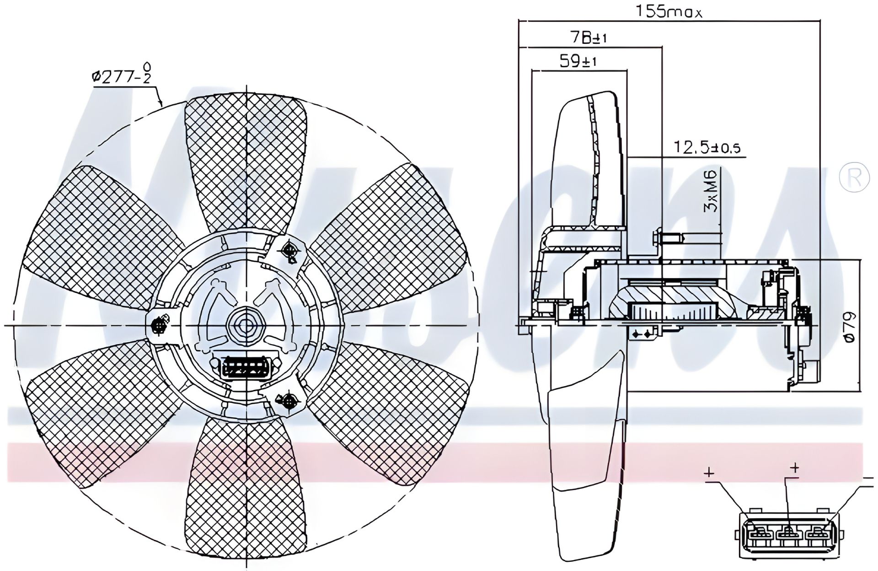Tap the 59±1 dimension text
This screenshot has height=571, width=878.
578,62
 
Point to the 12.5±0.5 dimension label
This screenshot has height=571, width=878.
707,147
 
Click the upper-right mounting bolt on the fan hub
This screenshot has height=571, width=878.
289,250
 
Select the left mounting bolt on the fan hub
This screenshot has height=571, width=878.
159,325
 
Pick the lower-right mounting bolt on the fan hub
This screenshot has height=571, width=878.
289,401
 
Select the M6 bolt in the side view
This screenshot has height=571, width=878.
668,238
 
